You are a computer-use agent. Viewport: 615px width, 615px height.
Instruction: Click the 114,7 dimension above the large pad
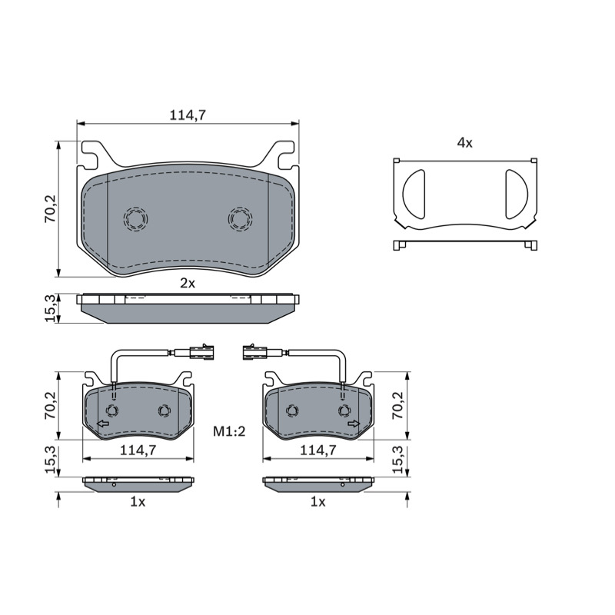click(x=188, y=115)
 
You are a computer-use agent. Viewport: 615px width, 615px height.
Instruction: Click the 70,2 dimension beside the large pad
click(x=51, y=208)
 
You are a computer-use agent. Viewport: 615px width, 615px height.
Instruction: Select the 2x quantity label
click(x=188, y=283)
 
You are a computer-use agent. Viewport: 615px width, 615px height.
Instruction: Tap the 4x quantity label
click(x=465, y=143)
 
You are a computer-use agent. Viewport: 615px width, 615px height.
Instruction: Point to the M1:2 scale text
click(x=229, y=431)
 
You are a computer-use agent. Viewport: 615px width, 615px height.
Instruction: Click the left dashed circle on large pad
click(x=136, y=218)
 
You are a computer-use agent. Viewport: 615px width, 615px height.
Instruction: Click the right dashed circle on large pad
click(x=240, y=218)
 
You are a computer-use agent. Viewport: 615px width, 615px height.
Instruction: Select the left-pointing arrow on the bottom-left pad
click(x=103, y=424)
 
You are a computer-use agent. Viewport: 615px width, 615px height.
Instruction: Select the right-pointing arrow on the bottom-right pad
click(x=354, y=424)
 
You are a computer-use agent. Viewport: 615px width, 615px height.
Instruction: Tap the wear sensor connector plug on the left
click(x=201, y=352)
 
